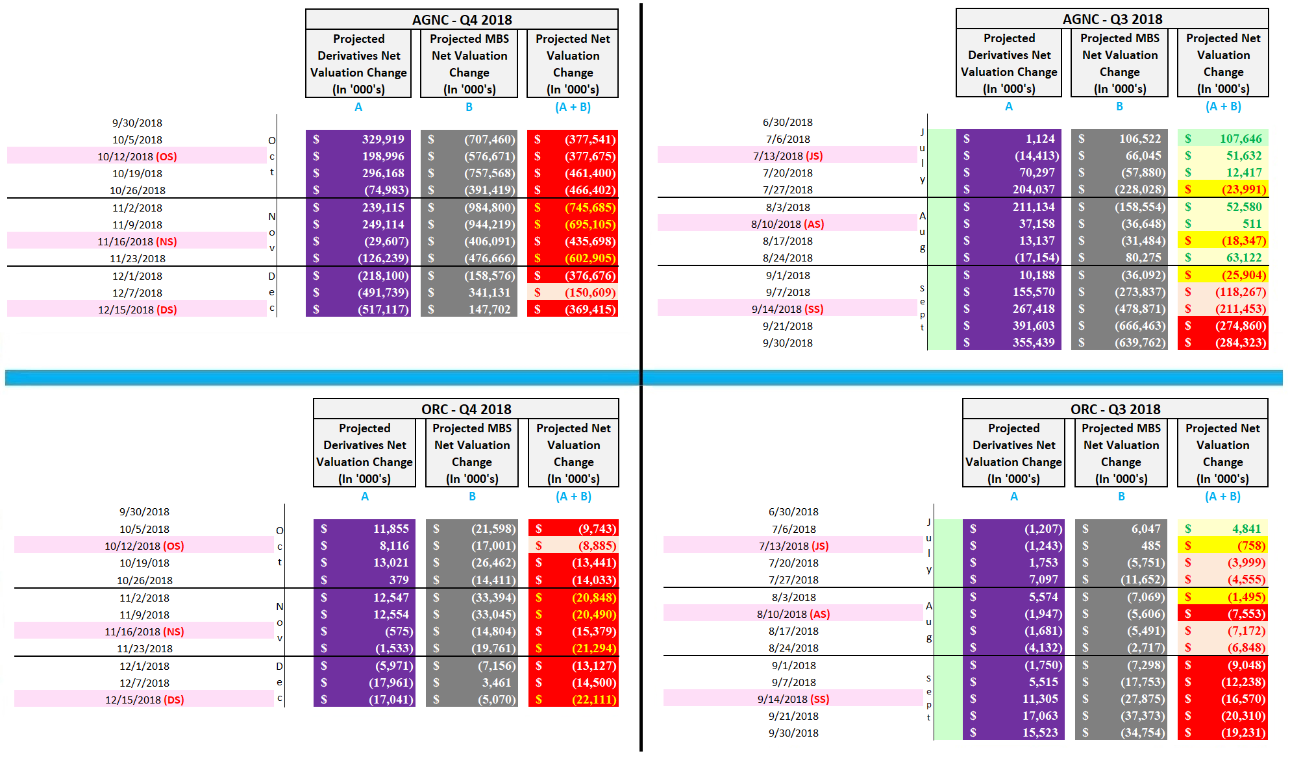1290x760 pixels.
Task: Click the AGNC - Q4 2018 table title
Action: (462, 19)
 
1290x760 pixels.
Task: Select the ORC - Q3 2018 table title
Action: (1115, 409)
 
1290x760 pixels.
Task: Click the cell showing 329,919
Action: (358, 139)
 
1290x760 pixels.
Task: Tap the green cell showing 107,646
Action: (1222, 138)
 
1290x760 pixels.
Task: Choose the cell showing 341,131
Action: (469, 292)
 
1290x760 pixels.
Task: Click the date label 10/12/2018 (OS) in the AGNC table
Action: (137, 156)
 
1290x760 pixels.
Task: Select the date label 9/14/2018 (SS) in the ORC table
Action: (793, 699)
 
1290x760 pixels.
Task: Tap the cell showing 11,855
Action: (364, 528)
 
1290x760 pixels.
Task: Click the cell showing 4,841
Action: (1222, 528)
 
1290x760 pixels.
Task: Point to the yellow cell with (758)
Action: (1222, 545)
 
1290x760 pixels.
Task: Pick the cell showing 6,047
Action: (1121, 528)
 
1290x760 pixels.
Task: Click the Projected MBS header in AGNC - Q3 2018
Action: (1119, 63)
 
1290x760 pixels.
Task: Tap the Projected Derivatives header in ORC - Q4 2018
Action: (364, 453)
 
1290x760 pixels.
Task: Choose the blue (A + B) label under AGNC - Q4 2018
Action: (573, 107)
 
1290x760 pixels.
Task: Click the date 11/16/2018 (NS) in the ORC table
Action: (144, 631)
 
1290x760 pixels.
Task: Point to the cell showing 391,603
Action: (1009, 325)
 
